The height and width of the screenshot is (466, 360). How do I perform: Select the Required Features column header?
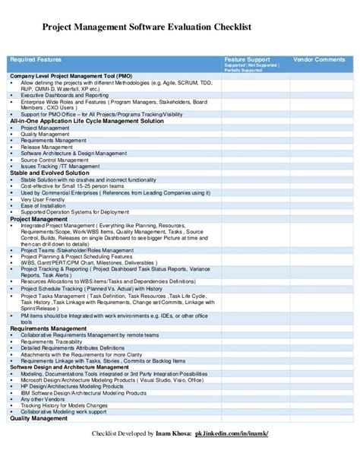[x=36, y=59]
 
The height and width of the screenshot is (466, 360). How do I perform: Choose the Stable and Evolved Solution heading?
[x=50, y=173]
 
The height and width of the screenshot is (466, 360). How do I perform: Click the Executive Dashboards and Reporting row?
[x=65, y=95]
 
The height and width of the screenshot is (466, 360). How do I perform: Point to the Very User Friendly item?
[x=43, y=199]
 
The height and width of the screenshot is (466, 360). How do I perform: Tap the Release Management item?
[x=47, y=147]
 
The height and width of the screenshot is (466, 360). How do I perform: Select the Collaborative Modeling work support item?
[x=65, y=412]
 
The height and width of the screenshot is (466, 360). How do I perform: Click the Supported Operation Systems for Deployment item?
[x=70, y=212]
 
